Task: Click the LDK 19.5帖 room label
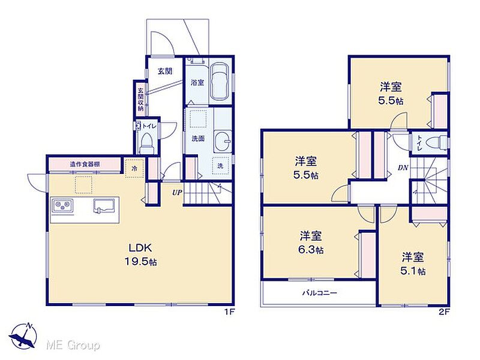point(140,254)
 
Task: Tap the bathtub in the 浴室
point(220,82)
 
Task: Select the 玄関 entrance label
point(164,71)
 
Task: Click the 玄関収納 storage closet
point(140,100)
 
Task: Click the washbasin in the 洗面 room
point(223,141)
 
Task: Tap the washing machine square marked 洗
point(220,166)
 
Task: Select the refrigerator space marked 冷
point(134,168)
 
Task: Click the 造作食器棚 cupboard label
point(85,164)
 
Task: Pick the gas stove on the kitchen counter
point(63,205)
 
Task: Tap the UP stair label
point(177,193)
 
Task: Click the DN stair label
point(403,168)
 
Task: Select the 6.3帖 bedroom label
point(311,243)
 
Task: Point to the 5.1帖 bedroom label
point(413,264)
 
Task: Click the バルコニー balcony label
point(320,293)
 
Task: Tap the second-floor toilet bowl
point(436,143)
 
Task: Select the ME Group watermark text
point(73,346)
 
